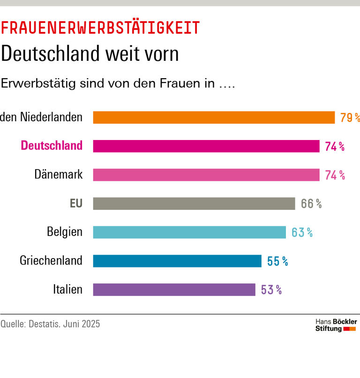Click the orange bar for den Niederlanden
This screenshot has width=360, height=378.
(214, 117)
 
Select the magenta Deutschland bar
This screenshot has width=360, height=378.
(206, 146)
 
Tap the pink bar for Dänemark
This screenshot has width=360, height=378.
(206, 175)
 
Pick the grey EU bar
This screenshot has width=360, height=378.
(194, 203)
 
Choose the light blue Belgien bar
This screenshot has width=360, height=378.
(189, 232)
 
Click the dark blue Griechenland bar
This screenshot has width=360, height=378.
(177, 261)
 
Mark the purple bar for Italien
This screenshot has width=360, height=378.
(174, 289)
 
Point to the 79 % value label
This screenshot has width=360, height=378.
(350, 118)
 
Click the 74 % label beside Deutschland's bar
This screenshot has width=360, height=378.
(335, 147)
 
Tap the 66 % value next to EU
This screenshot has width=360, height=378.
(311, 204)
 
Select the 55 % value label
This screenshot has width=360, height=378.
(277, 261)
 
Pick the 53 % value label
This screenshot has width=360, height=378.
(271, 290)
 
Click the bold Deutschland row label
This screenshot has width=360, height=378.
(52, 146)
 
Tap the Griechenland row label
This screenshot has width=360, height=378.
(51, 261)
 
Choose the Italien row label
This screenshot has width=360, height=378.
(67, 289)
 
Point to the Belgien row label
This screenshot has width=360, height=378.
(65, 232)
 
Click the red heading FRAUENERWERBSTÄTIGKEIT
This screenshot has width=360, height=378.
(100, 28)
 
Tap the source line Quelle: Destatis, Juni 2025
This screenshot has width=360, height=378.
(50, 324)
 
